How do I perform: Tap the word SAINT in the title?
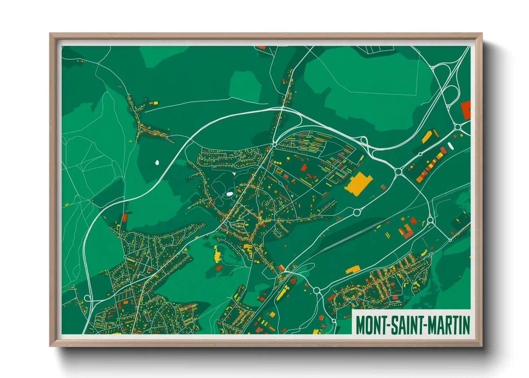(x=406, y=325)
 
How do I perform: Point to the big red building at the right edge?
(x=466, y=110)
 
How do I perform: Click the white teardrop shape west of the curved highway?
(x=157, y=163)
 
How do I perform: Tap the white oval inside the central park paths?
(x=229, y=194)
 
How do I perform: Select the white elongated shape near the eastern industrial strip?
(x=450, y=145)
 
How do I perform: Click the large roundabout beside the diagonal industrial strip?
(x=399, y=172)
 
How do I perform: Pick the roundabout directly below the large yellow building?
(x=356, y=213)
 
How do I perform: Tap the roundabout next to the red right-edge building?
(x=458, y=127)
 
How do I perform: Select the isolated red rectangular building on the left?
(x=124, y=217)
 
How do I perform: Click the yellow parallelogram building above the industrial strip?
(x=426, y=137)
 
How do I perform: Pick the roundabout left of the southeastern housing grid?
(x=316, y=290)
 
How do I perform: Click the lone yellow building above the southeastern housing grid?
(x=352, y=269)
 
